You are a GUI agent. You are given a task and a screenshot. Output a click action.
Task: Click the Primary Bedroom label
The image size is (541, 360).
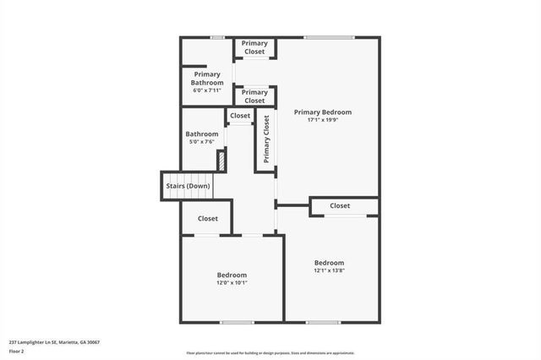(322, 112)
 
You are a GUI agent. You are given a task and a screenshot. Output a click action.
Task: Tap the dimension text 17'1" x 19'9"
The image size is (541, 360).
(322, 120)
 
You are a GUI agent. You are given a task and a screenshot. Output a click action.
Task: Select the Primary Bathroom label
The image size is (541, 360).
(207, 79)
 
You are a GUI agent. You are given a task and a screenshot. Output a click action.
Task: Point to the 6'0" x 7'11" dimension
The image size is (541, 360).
(207, 90)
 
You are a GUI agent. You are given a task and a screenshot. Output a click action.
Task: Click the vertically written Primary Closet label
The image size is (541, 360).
(266, 139)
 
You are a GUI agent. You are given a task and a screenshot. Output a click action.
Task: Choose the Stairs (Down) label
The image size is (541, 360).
(188, 186)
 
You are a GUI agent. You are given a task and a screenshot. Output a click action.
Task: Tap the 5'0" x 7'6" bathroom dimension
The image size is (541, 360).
(202, 142)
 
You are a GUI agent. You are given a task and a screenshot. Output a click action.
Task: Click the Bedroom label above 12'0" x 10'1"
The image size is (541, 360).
(232, 275)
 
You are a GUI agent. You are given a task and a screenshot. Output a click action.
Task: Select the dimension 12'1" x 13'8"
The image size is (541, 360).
(330, 270)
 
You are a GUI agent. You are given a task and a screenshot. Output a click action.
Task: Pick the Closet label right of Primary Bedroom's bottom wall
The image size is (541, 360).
(340, 205)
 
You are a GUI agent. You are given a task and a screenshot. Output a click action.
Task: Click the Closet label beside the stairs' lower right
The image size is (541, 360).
(207, 218)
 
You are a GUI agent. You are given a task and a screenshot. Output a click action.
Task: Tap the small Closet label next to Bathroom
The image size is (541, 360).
(240, 116)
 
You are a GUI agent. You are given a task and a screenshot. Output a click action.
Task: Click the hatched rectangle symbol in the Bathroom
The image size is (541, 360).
(221, 161)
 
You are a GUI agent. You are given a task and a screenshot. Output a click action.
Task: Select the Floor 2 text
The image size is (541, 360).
(17, 351)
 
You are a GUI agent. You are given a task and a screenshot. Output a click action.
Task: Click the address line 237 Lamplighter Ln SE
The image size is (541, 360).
(54, 342)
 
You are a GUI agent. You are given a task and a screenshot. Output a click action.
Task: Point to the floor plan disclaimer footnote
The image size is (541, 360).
(270, 353)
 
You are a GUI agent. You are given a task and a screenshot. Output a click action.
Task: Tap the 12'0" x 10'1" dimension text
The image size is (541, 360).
(232, 283)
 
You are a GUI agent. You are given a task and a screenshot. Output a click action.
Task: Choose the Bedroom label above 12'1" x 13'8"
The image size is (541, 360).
(330, 262)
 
